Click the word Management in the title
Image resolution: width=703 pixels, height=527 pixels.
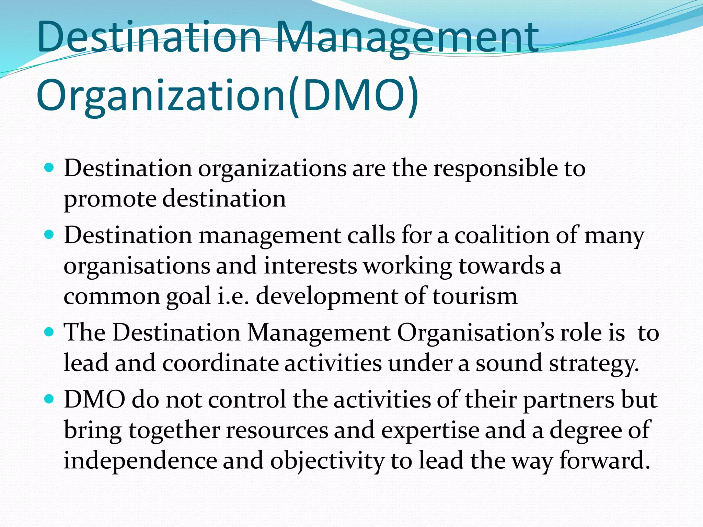(x=406, y=38)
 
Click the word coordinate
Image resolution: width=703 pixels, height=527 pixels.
(x=220, y=363)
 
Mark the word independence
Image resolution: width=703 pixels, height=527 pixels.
(x=140, y=461)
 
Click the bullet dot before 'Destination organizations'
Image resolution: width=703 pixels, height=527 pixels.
(x=49, y=168)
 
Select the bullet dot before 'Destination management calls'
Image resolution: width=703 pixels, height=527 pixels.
(x=49, y=235)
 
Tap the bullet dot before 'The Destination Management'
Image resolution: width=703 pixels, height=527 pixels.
(x=49, y=332)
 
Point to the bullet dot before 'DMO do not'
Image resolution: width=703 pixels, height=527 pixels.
(x=49, y=399)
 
